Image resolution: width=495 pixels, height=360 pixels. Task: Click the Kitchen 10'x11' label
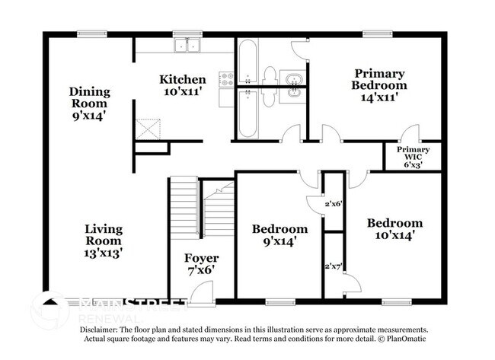182,85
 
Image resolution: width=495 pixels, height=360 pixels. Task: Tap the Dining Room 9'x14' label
91,104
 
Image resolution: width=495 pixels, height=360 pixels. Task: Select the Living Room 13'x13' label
104,239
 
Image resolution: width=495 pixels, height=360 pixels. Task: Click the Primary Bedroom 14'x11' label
378,84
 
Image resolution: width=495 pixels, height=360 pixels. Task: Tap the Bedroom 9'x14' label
280,234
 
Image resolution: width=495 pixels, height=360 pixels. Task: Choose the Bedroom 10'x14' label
394,229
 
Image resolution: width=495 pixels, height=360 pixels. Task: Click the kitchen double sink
184,46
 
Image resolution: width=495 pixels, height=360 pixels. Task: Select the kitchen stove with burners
226,77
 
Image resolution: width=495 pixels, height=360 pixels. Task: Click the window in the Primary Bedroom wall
374,33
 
